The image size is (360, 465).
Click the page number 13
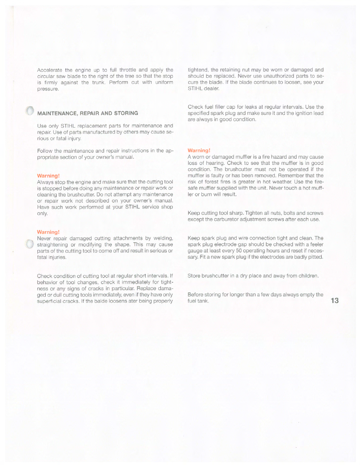coord(334,301)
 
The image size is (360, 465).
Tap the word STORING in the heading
coord(126,113)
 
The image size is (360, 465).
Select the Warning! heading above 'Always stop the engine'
coord(49,176)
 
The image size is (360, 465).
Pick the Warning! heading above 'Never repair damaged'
coord(49,232)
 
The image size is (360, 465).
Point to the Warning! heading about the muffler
coord(199,151)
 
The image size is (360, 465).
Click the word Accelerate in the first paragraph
coord(49,70)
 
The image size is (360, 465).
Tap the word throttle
coord(128,70)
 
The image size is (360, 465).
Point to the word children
coord(308,276)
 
